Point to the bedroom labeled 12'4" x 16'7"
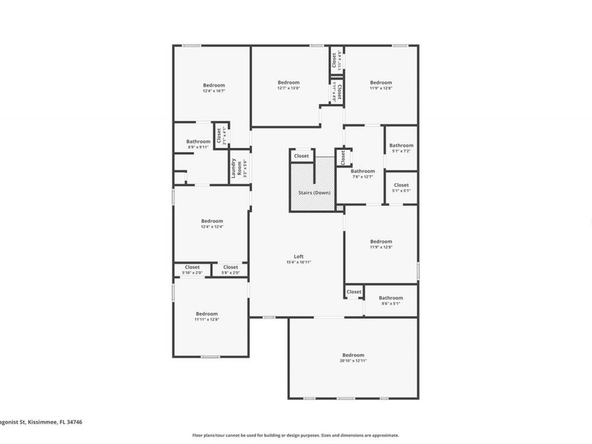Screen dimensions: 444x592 (x=213, y=87)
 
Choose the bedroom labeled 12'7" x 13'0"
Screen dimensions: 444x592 (x=288, y=85)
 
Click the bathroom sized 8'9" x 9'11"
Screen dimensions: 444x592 (x=198, y=144)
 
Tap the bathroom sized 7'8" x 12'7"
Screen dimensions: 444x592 (x=362, y=174)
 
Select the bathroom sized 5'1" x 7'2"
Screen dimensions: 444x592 (x=401, y=148)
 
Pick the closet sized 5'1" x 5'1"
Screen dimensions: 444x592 (x=401, y=187)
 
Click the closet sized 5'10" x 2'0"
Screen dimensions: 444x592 (x=192, y=270)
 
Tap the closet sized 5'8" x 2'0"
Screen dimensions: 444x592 (x=230, y=270)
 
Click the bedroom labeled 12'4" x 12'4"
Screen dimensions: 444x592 (x=212, y=224)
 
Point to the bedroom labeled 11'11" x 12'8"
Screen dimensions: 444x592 (x=206, y=316)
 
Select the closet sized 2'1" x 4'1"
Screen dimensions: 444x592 (x=220, y=136)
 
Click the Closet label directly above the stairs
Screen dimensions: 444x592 (x=301, y=156)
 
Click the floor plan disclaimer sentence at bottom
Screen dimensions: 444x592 (x=295, y=435)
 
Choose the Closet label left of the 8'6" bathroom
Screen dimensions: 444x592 (x=354, y=291)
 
